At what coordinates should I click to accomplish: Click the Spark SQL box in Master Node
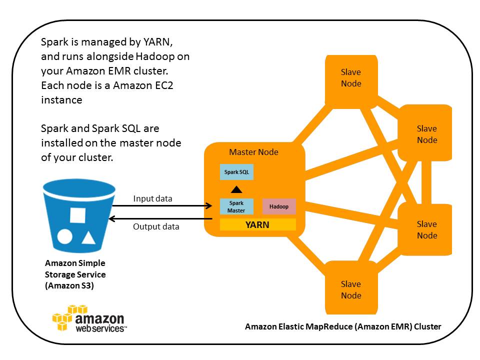click(x=237, y=172)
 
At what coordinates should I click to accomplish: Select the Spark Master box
click(x=237, y=206)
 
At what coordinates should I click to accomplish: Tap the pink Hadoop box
click(x=279, y=206)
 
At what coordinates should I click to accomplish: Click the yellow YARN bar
click(x=257, y=225)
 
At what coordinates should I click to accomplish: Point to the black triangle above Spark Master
click(x=237, y=189)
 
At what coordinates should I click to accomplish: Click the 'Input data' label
click(x=152, y=198)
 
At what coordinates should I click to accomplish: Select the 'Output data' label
click(x=156, y=226)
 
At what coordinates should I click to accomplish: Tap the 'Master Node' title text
click(x=253, y=152)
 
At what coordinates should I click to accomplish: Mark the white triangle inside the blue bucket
click(x=88, y=237)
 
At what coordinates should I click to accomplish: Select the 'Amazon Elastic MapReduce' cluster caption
click(x=343, y=326)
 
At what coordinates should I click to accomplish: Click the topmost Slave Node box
click(x=351, y=78)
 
